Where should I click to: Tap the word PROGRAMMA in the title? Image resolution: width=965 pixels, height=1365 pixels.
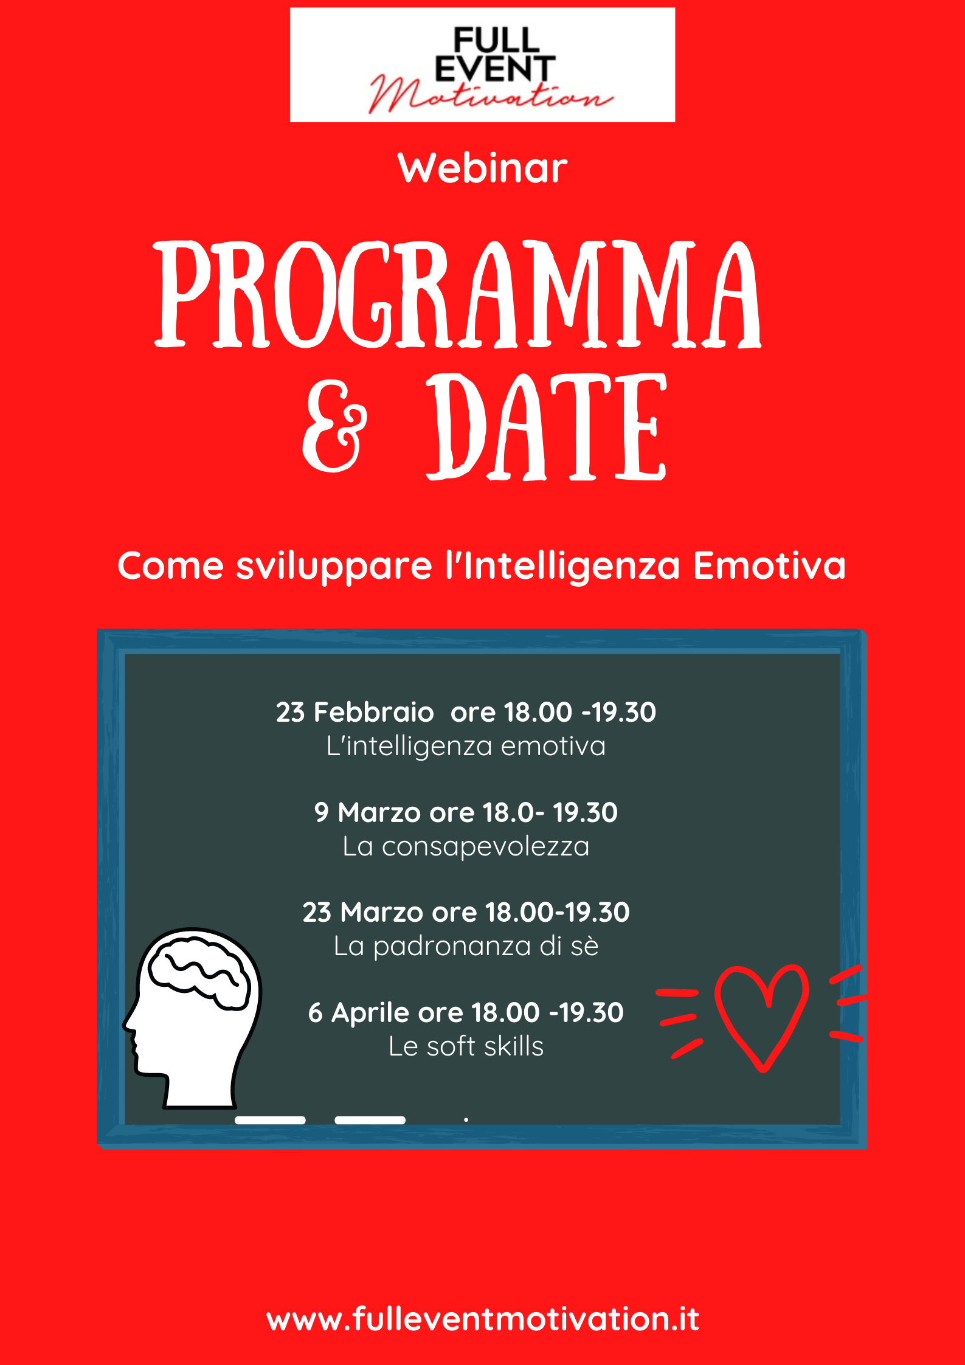(458, 294)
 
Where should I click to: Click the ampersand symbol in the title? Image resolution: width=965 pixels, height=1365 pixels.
(335, 426)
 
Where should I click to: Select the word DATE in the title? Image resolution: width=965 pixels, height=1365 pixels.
(547, 426)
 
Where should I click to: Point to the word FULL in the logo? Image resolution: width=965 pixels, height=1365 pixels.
(496, 40)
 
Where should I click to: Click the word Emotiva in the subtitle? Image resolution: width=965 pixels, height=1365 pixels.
(769, 565)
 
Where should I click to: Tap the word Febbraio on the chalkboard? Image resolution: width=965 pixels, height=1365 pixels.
(373, 712)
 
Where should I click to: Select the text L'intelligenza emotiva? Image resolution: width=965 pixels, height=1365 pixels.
(466, 746)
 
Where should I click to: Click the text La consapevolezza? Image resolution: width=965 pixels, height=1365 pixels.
(466, 846)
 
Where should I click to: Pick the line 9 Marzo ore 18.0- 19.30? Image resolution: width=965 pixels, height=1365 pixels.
(466, 812)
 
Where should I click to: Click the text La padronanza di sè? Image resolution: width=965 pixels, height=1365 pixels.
(466, 946)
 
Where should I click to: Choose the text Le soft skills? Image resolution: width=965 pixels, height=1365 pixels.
(466, 1046)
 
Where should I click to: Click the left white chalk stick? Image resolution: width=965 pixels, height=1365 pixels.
(270, 1120)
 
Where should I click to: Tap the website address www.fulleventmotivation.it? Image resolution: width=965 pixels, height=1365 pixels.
(483, 1319)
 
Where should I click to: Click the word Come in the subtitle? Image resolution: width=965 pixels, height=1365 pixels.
(171, 566)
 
